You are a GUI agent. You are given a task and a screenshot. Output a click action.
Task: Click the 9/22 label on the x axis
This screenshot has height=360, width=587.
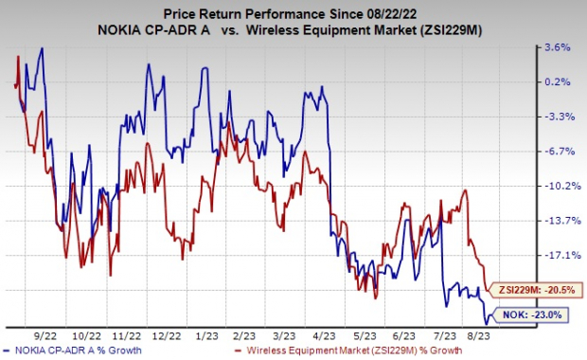coord(44,333)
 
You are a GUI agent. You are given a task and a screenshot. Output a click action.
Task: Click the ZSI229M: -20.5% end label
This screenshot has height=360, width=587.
coord(536,290)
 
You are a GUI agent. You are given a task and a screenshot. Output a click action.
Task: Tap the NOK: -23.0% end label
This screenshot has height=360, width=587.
coord(542,315)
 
